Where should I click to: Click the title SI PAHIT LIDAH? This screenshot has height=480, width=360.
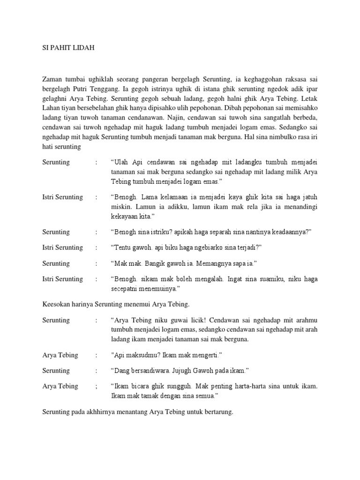coord(68,48)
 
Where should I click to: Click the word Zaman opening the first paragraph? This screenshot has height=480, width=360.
coord(53,80)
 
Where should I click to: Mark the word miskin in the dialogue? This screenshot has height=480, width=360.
coord(120,207)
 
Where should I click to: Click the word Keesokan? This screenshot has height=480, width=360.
coord(58,304)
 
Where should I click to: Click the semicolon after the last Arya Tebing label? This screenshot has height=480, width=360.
coord(96,386)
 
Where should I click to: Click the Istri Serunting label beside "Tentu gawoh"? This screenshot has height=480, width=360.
coord(62,247)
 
